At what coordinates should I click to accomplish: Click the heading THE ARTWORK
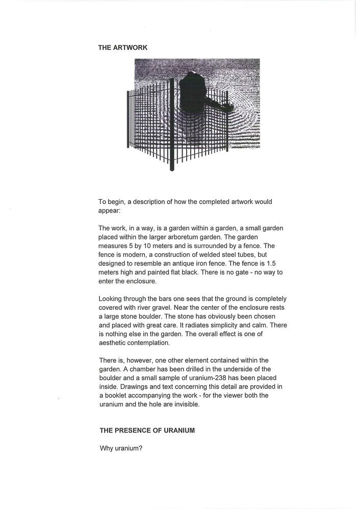[123, 47]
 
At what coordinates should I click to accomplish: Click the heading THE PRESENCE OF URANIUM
[147, 431]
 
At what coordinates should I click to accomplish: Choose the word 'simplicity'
[232, 325]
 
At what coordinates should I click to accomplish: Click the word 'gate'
[233, 273]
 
